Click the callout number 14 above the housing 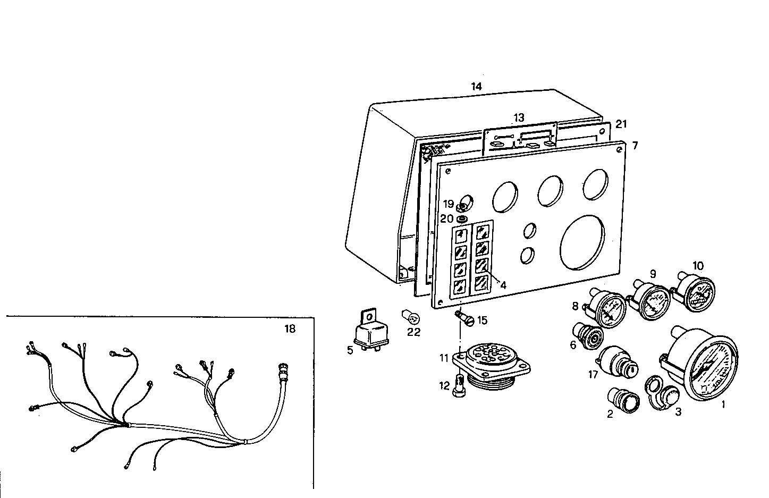point(476,87)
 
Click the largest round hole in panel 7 point(582,241)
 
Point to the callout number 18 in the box point(289,328)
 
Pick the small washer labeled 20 point(462,218)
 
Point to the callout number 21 point(621,124)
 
